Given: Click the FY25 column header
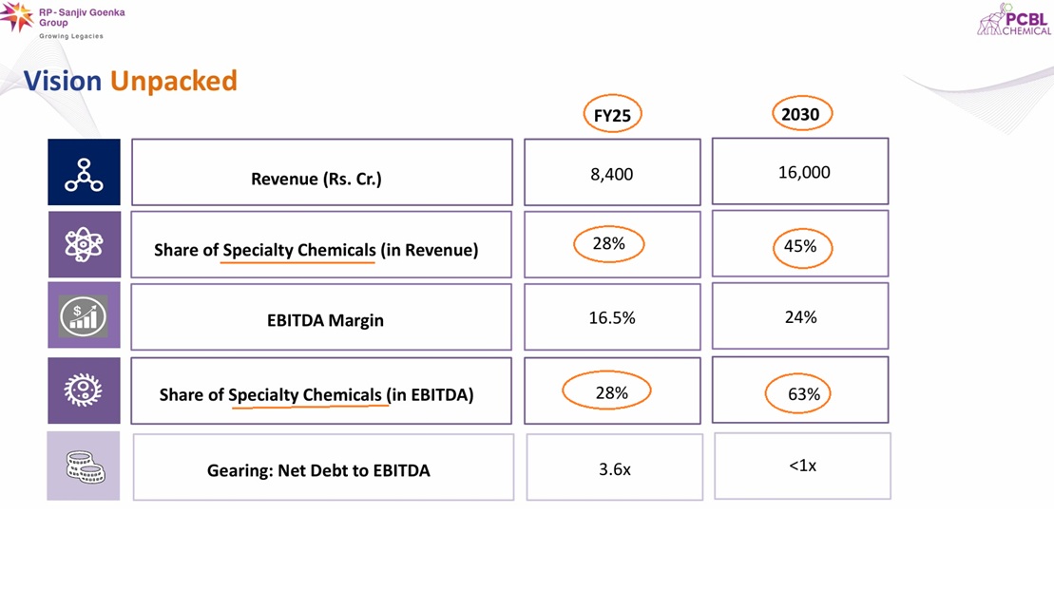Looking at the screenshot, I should [612, 115].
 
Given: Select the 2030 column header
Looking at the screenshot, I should [800, 114].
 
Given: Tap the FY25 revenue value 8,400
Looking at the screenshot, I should [612, 174].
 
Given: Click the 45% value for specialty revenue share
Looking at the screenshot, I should [800, 246].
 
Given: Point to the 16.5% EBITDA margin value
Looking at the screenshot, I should [612, 318].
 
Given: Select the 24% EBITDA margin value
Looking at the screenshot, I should [800, 317].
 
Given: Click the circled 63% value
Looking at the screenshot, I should [803, 393].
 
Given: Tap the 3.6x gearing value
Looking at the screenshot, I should [615, 468].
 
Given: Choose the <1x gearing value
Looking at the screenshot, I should [802, 466].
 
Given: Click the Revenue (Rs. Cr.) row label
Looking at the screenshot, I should [316, 179].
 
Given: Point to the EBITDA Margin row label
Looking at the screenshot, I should [325, 320].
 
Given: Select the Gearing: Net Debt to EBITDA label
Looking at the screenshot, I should [318, 470].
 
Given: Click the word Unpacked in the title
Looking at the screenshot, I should [173, 81].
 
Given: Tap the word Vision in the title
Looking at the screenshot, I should [63, 81].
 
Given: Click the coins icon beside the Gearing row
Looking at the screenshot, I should [84, 466].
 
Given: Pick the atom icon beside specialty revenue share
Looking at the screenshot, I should [84, 244].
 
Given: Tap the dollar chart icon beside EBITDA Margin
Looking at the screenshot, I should [84, 315].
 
